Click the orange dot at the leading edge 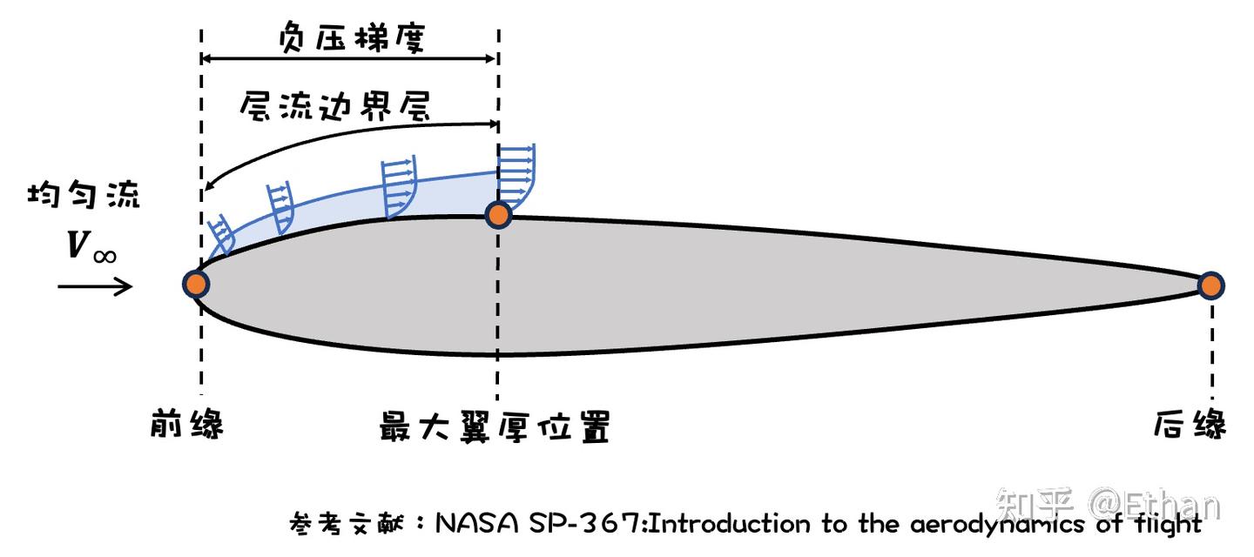pyautogui.click(x=197, y=284)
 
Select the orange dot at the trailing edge pyautogui.click(x=1210, y=285)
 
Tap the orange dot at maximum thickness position pyautogui.click(x=497, y=214)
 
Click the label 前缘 pyautogui.click(x=185, y=426)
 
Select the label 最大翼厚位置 pyautogui.click(x=494, y=426)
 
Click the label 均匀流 pyautogui.click(x=84, y=196)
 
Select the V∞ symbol pyautogui.click(x=91, y=246)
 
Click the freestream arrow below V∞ pyautogui.click(x=96, y=285)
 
